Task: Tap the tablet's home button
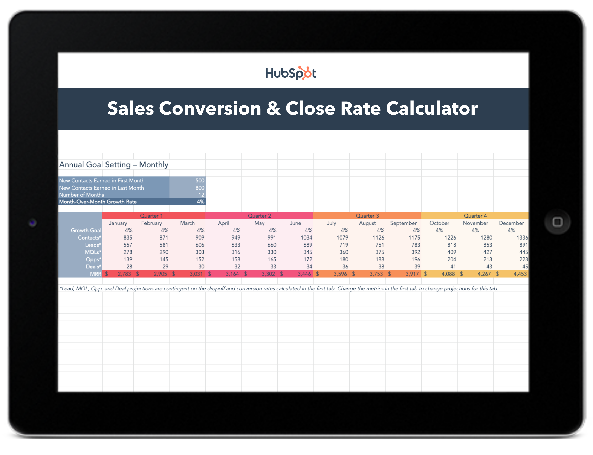[557, 222]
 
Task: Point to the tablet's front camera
[32, 223]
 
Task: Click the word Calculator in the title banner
[431, 108]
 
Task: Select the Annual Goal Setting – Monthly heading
[114, 165]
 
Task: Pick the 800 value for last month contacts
[200, 188]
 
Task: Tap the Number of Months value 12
[201, 195]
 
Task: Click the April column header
[223, 223]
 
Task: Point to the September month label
[403, 223]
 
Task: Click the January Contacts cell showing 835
[128, 238]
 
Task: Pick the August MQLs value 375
[380, 252]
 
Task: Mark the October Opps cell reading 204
[451, 259]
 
